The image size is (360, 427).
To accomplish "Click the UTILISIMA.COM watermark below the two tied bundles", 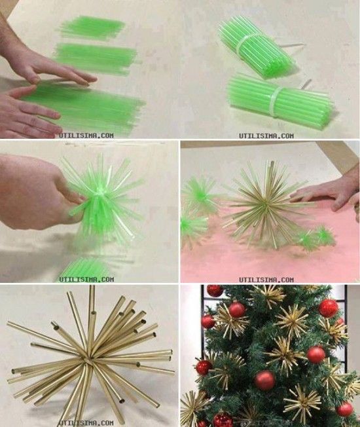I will point(271,135).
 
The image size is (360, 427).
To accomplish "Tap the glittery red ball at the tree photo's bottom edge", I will point(223,420).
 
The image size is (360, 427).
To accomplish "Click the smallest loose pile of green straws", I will point(92,27).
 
